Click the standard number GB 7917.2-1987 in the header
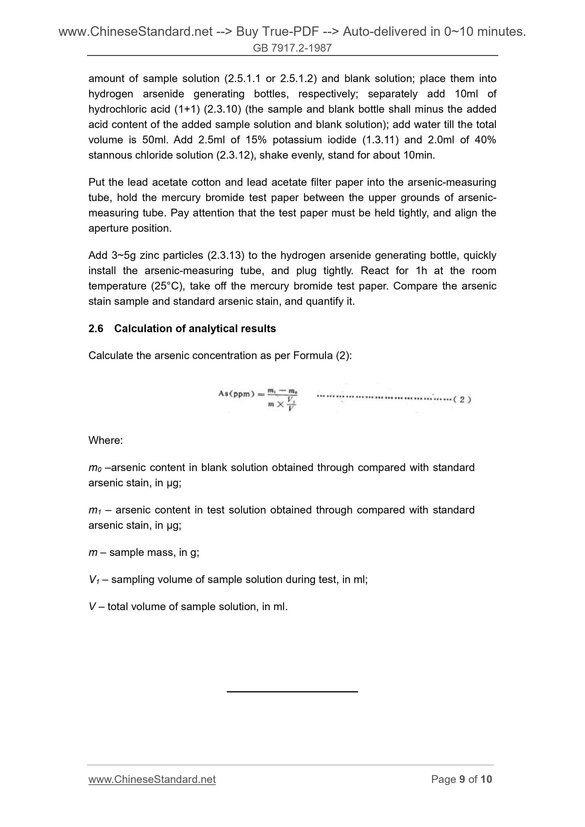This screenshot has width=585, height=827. pyautogui.click(x=292, y=48)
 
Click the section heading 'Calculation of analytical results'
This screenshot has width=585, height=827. pyautogui.click(x=195, y=329)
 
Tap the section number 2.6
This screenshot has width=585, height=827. pyautogui.click(x=96, y=329)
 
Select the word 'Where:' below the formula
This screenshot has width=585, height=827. pyautogui.click(x=105, y=440)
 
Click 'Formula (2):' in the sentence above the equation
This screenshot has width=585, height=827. pyautogui.click(x=322, y=356)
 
